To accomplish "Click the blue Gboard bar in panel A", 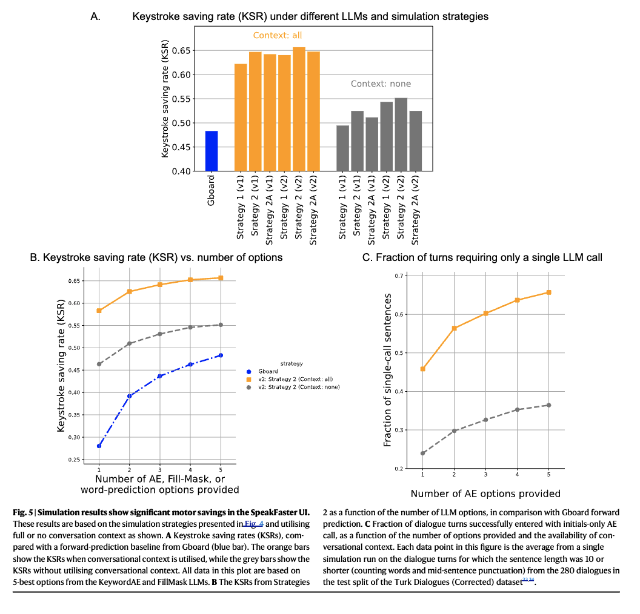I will click(x=212, y=151).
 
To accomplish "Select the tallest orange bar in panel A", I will click(x=299, y=109).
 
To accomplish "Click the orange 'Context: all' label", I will click(x=277, y=36).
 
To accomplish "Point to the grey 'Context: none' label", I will click(x=381, y=84).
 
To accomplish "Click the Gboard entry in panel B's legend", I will click(x=267, y=371).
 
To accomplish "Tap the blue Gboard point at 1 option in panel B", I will click(x=99, y=446).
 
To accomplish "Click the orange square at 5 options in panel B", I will click(x=221, y=278).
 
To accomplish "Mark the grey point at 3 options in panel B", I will click(x=160, y=334).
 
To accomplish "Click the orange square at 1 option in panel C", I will click(x=422, y=369).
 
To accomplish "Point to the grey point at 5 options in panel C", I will click(x=548, y=405).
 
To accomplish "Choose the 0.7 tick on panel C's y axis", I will click(x=398, y=276).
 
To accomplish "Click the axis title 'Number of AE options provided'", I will click(x=485, y=494).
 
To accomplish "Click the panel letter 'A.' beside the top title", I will click(x=96, y=16).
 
